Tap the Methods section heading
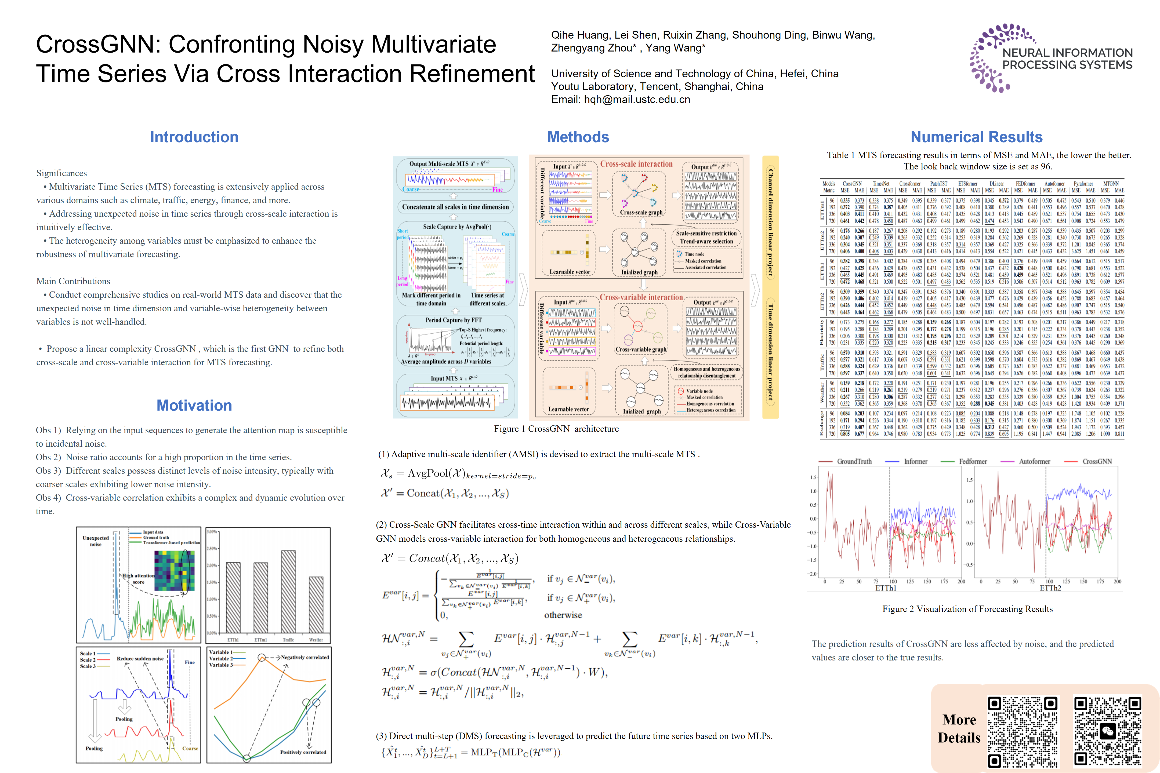tap(578, 137)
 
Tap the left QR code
tap(1023, 732)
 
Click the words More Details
tap(959, 729)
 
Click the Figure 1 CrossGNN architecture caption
tap(556, 429)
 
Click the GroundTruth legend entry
tap(854, 461)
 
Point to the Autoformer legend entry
tap(1034, 461)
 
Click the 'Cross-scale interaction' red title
tap(636, 164)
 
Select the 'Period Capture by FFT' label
tap(453, 320)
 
